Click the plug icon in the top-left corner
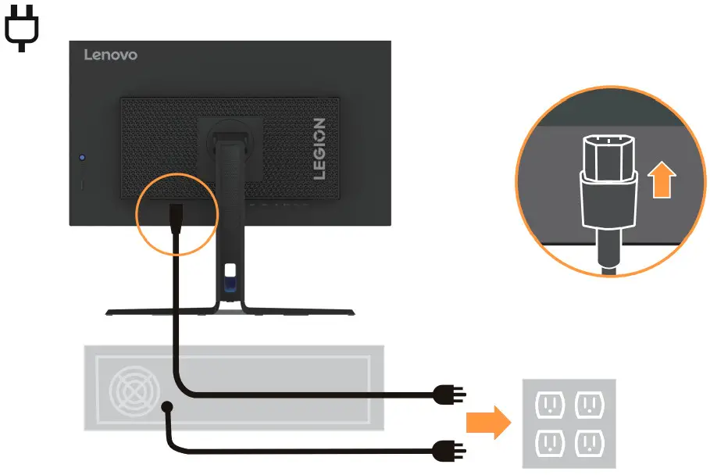coord(22,29)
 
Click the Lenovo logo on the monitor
coord(110,55)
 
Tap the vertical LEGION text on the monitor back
coord(319,149)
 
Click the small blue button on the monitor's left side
coord(82,158)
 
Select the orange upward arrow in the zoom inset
coord(662,184)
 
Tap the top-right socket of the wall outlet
coord(588,404)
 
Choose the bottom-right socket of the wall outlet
coord(588,445)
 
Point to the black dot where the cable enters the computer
coord(166,405)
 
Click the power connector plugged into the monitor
coord(175,216)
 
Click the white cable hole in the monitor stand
coord(230,270)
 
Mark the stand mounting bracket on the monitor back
coord(228,129)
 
